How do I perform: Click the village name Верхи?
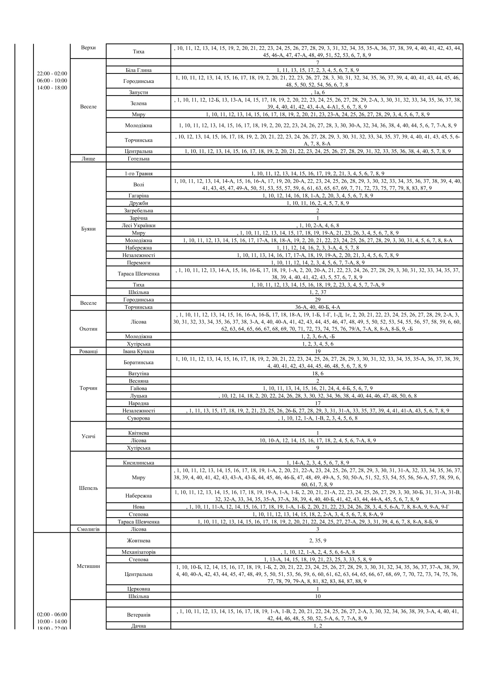tap(88, 48)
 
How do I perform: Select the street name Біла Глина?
tap(138, 70)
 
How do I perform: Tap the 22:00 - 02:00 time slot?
tap(52, 74)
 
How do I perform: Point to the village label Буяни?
tap(88, 229)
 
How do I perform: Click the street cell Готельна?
tap(138, 159)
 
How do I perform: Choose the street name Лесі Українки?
tap(138, 225)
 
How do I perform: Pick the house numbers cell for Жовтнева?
tap(317, 540)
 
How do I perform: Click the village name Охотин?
tap(88, 329)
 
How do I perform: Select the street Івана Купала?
tap(138, 351)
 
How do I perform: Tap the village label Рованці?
tap(88, 351)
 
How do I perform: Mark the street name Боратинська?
tap(138, 362)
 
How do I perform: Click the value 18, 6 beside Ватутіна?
tap(317, 374)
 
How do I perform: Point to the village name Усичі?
tap(88, 436)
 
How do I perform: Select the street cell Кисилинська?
tap(138, 463)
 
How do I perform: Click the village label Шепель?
tap(88, 488)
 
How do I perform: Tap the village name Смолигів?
tap(88, 529)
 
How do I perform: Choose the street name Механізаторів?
tap(138, 552)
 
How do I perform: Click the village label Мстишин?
tap(88, 566)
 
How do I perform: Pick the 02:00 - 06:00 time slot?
tap(52, 615)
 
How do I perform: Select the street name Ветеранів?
tap(138, 615)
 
